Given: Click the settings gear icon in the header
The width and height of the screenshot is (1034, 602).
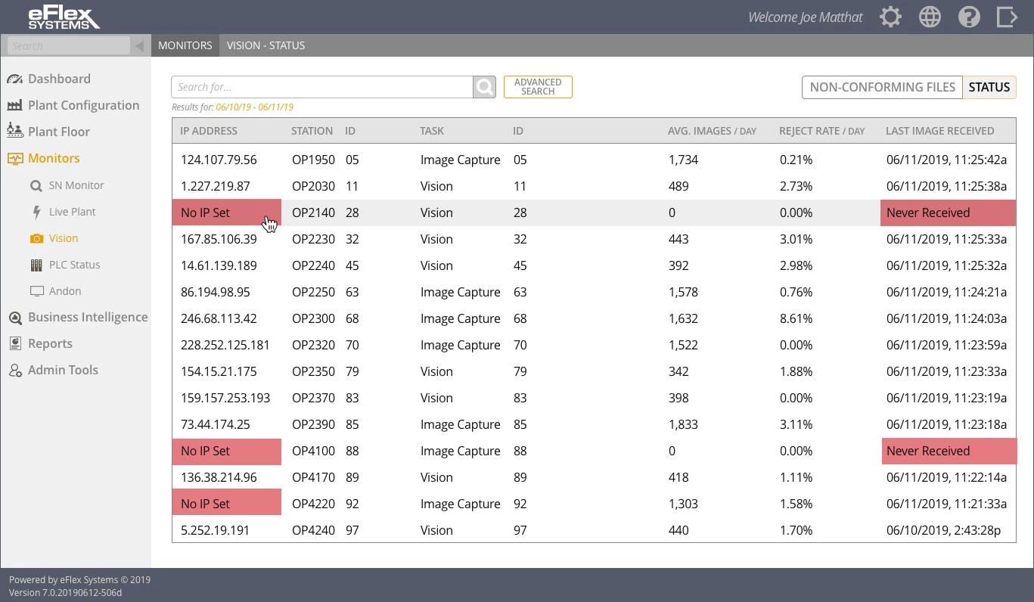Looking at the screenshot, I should [x=890, y=17].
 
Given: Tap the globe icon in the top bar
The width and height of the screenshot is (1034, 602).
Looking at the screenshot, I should [x=930, y=17].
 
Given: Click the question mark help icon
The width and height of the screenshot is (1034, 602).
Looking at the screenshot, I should [x=969, y=17].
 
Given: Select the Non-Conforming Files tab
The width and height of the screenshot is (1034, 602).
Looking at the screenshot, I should [x=882, y=87].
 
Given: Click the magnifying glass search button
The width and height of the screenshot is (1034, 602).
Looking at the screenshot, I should [x=484, y=87].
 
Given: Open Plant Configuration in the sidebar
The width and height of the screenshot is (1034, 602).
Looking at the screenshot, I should [x=83, y=105].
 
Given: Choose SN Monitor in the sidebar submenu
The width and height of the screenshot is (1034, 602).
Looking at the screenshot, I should [x=76, y=185].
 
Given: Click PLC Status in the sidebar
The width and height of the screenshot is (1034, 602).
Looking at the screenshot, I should [x=74, y=265].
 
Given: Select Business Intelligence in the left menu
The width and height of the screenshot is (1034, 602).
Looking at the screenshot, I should [x=87, y=317].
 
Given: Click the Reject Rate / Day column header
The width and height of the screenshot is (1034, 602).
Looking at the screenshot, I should [x=821, y=131].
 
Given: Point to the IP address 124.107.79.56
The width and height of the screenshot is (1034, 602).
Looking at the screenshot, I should [x=219, y=160].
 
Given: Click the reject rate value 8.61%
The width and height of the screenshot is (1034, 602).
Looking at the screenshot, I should [x=796, y=318].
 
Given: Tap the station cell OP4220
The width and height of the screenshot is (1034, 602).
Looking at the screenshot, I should [x=313, y=504].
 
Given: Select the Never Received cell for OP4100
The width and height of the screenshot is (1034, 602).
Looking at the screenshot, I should [x=947, y=451].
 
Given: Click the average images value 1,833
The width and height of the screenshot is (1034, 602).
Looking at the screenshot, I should [x=683, y=424].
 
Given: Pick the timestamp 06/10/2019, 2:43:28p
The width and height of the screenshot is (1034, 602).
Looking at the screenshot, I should [x=943, y=530].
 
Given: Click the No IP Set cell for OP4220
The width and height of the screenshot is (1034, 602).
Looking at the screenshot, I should [x=226, y=504].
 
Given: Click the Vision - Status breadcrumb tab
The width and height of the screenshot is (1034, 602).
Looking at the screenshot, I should [x=265, y=45].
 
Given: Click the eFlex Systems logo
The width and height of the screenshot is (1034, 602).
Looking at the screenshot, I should [x=64, y=17].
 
